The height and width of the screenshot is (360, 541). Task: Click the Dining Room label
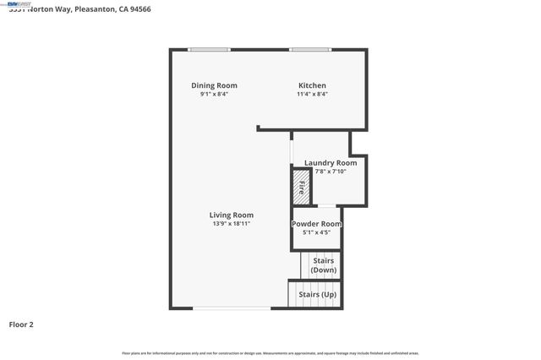click(214, 85)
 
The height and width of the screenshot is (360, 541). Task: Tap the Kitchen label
click(312, 85)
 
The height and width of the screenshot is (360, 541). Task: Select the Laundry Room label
click(331, 163)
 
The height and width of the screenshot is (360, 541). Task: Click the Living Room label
click(232, 215)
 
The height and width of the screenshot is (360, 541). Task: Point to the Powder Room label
click(316, 224)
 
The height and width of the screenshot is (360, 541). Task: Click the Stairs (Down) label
click(323, 265)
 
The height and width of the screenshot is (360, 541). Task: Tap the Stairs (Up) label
click(318, 294)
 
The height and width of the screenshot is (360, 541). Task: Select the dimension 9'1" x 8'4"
click(214, 95)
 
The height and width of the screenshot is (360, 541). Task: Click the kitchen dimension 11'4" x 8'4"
click(312, 95)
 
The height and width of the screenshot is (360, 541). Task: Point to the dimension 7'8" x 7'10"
click(331, 172)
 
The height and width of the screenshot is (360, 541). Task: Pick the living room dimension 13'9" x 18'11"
click(232, 224)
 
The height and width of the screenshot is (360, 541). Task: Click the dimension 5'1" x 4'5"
click(316, 232)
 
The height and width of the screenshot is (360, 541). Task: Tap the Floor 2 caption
click(21, 324)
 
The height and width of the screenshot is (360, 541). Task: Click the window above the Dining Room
click(209, 50)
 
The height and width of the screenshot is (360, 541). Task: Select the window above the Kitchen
click(310, 50)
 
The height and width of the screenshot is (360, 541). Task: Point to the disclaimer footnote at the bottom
click(270, 352)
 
